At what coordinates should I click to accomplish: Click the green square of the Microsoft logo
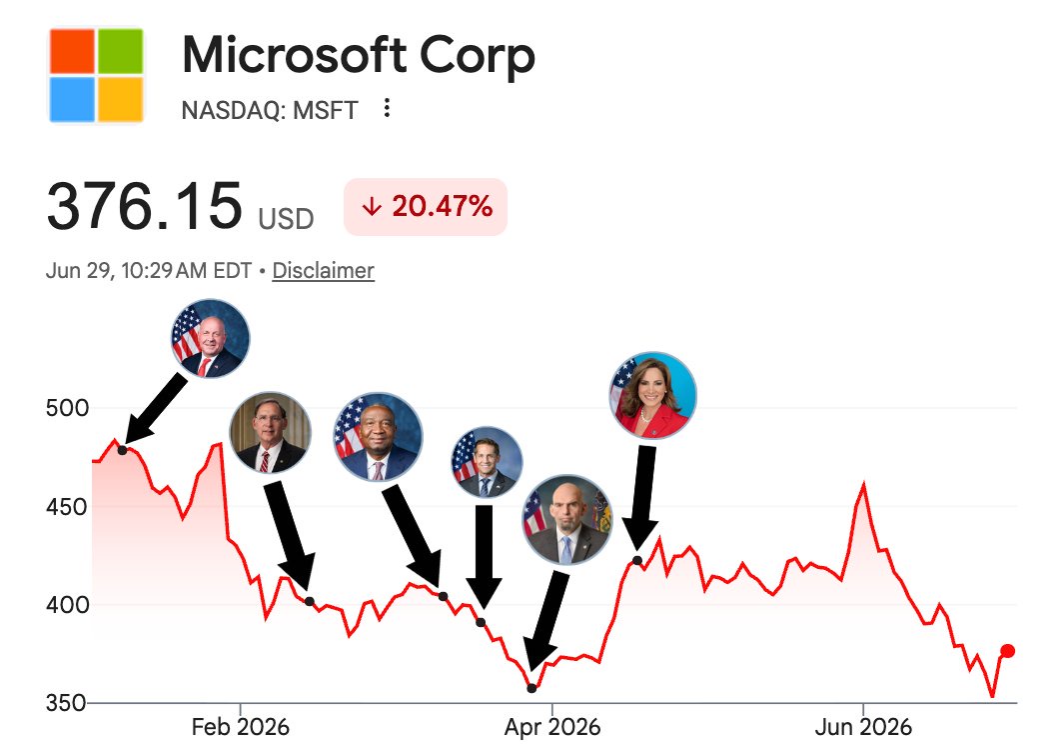click(x=121, y=51)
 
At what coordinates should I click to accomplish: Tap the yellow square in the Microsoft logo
click(x=121, y=99)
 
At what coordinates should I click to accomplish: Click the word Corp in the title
click(x=477, y=57)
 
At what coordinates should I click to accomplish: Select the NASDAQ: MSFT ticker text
click(x=270, y=110)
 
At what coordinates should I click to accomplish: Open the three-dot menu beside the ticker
click(x=387, y=108)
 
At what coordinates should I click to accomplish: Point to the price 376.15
click(x=144, y=206)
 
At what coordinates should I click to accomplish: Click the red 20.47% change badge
click(x=426, y=206)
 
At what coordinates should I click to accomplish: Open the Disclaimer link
click(x=324, y=270)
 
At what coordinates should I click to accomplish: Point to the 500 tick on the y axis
click(x=67, y=408)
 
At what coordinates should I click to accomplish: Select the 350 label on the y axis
click(x=66, y=703)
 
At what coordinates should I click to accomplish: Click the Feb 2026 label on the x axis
click(x=240, y=727)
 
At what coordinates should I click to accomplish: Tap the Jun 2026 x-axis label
click(x=863, y=727)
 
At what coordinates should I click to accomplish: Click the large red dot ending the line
click(x=1008, y=651)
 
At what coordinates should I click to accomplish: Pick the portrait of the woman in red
click(x=652, y=394)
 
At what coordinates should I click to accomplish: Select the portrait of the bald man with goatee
click(x=566, y=519)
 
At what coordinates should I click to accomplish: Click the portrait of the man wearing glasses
click(x=270, y=432)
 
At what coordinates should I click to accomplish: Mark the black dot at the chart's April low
click(x=531, y=688)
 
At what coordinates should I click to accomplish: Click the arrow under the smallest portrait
click(x=484, y=556)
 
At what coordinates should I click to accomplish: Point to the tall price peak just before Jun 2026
click(x=864, y=484)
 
